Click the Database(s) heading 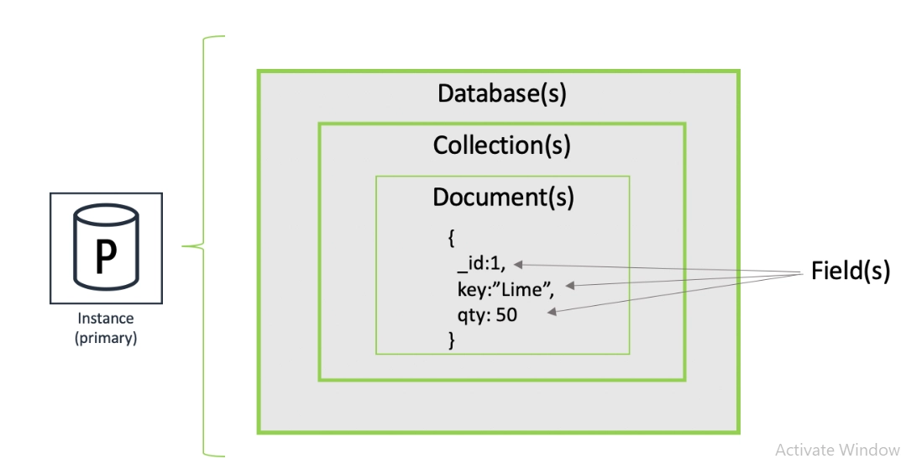pos(501,93)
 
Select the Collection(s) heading pos(501,145)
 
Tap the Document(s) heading pos(503,197)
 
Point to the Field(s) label pos(850,271)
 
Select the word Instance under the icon pos(106,319)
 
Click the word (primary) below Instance pos(106,339)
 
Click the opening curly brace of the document pos(451,240)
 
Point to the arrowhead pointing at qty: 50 pos(553,312)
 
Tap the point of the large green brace pos(186,246)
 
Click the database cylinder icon pos(106,248)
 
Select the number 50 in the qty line pos(506,316)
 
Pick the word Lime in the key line pos(526,290)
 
